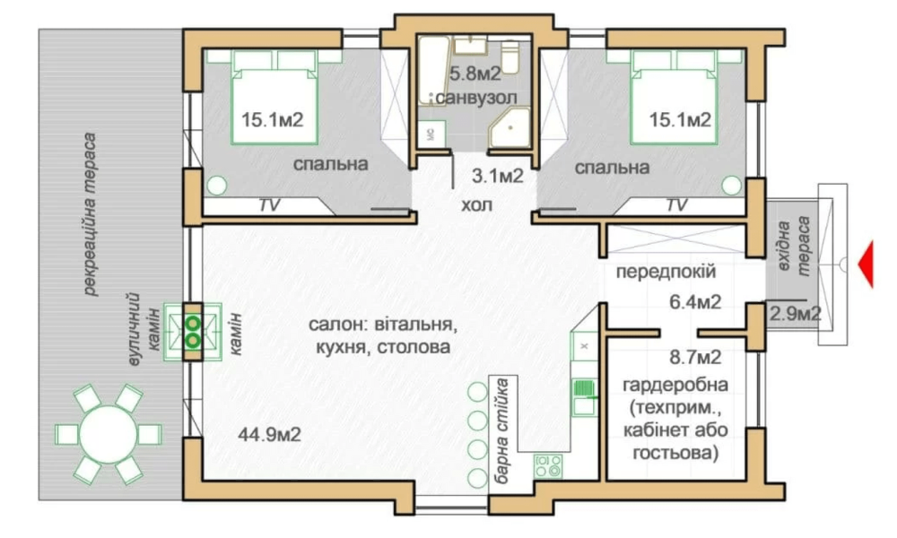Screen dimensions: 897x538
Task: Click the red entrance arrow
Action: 867,265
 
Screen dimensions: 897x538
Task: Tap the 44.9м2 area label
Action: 269,435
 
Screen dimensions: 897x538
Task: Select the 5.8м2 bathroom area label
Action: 475,74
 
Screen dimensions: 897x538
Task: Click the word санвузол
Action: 476,98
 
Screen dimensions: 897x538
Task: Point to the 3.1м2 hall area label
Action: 498,176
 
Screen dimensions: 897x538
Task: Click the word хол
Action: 476,204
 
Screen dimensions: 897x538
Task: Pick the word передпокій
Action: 666,271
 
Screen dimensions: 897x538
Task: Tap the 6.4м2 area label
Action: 695,301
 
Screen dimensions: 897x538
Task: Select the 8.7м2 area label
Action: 695,358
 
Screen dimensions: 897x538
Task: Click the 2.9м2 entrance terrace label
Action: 796,313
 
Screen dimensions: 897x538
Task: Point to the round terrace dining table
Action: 109,434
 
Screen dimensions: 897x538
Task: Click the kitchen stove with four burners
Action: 548,466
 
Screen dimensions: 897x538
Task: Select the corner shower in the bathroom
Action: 509,128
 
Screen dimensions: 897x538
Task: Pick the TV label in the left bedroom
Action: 269,204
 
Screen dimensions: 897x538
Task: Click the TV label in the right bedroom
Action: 676,204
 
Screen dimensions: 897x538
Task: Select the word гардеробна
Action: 675,385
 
